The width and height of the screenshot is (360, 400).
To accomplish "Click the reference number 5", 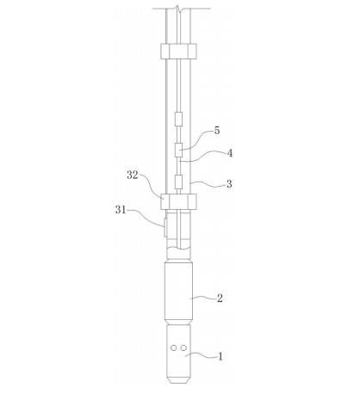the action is click(217, 131).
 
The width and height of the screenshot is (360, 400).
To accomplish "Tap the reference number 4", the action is click(230, 153).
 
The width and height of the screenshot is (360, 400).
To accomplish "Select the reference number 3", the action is click(229, 184).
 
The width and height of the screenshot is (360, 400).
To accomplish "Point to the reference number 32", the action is click(133, 175).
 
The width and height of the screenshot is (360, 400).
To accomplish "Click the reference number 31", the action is click(121, 210).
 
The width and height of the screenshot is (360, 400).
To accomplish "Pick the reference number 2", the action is click(220, 298).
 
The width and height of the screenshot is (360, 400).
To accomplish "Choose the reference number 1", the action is click(220, 357).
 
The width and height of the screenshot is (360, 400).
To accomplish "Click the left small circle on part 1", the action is click(173, 348).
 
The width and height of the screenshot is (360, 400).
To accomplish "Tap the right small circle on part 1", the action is click(183, 348).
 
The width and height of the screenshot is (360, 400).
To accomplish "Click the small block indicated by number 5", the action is click(178, 150).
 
